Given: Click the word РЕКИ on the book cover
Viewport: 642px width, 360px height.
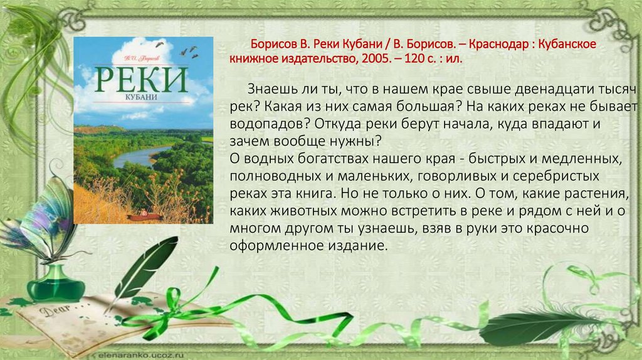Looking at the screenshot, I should (143, 80).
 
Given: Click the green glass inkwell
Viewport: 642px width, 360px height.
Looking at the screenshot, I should (56, 283).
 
